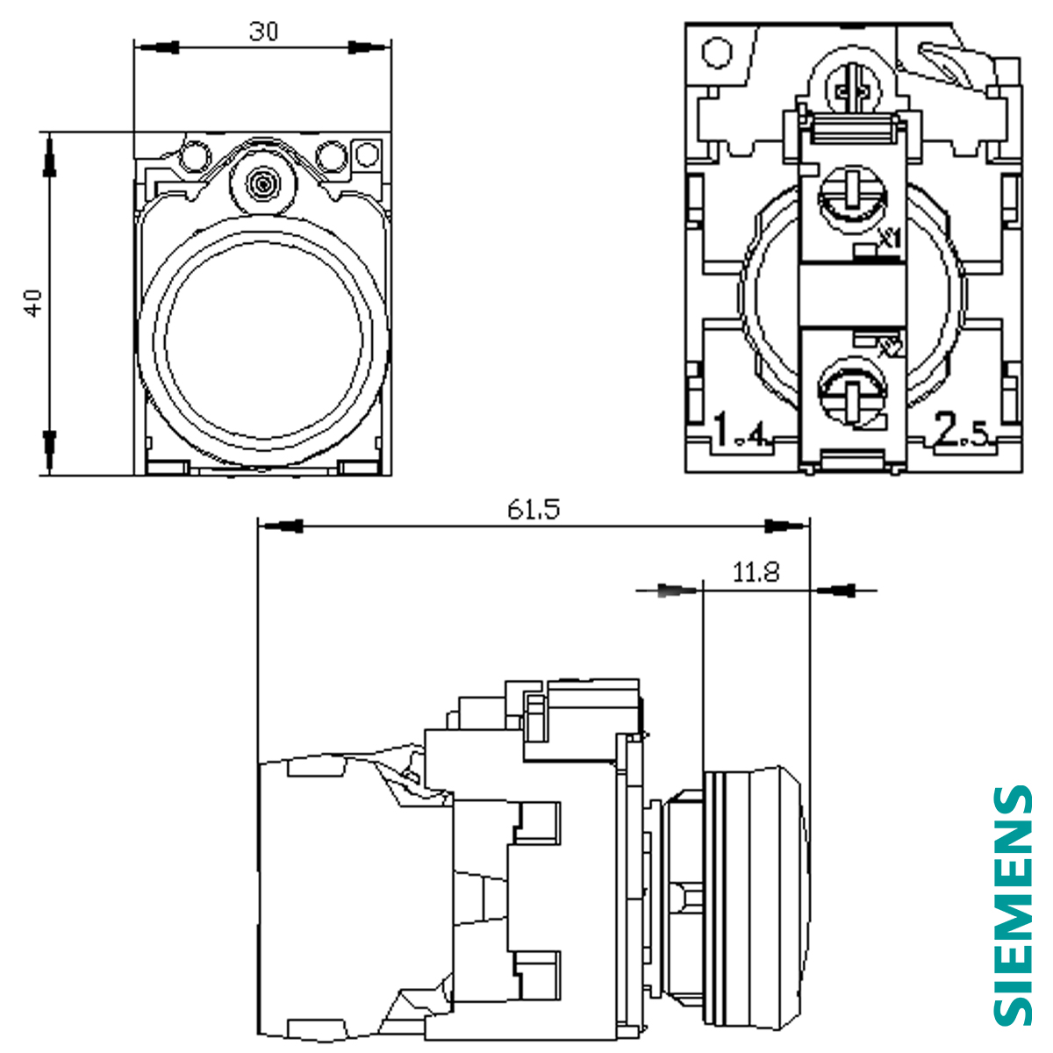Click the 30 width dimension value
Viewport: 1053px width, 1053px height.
pos(263,32)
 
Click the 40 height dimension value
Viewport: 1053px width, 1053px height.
pos(33,303)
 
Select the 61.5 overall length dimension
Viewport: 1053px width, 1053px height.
pos(533,509)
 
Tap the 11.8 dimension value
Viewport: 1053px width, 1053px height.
pos(756,573)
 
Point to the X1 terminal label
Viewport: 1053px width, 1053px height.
pos(890,237)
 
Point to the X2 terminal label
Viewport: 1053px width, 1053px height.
pos(890,347)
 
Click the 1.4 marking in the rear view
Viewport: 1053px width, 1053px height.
pos(741,431)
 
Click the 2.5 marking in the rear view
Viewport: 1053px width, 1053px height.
pos(961,431)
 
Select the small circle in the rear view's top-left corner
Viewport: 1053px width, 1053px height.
pos(718,52)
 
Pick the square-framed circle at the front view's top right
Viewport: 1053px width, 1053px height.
pos(368,154)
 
